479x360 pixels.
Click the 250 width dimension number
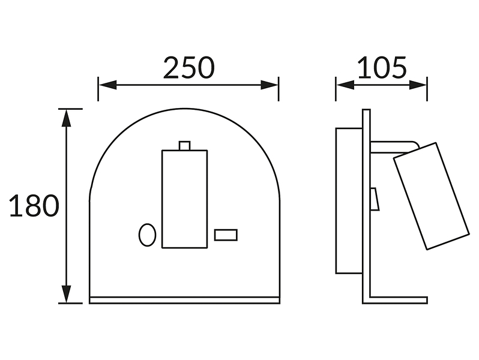coord(189,68)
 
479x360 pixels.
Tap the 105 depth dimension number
coord(382,68)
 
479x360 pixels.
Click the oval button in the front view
coord(147,235)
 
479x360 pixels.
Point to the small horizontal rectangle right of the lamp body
coord(226,235)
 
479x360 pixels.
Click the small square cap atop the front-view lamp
coord(184,146)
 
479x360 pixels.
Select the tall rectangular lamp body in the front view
coord(184,199)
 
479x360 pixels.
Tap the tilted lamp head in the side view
coord(431,196)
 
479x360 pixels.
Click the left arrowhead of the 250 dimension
coord(107,85)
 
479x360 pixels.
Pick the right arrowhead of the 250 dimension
coord(270,85)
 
